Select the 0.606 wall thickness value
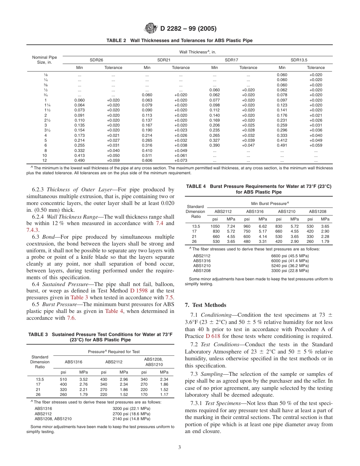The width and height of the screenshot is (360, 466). click(147, 160)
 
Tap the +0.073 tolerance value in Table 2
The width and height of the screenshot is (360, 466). click(181, 160)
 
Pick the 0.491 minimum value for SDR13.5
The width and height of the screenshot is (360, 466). click(282, 145)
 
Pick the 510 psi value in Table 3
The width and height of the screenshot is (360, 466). click(64, 379)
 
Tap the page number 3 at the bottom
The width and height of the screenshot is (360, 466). click(180, 447)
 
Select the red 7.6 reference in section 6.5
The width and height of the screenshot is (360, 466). click(71, 318)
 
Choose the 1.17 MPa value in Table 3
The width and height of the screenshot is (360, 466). click(164, 394)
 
